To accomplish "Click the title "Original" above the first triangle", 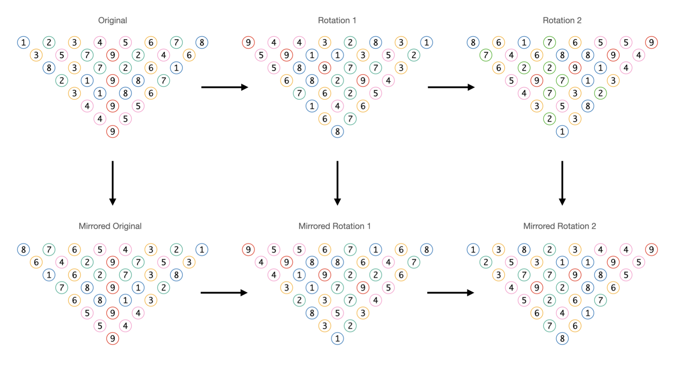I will [112, 20].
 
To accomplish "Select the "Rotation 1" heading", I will [337, 20].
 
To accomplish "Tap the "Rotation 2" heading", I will [562, 20].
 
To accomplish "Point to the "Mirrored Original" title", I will [110, 226].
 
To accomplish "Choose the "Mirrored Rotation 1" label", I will [335, 226].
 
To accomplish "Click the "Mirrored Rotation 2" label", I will [560, 226].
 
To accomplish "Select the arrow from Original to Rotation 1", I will [224, 87].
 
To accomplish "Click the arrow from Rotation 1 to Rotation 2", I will [451, 87].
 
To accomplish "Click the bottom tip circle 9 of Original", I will [113, 132].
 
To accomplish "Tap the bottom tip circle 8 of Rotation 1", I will [337, 132].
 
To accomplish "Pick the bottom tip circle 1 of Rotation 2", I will [562, 132].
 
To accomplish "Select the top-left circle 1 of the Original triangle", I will [24, 42].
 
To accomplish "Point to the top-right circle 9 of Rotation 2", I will [651, 42].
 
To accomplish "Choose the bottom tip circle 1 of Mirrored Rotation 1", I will [337, 339].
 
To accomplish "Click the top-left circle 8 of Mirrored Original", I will [24, 249].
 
